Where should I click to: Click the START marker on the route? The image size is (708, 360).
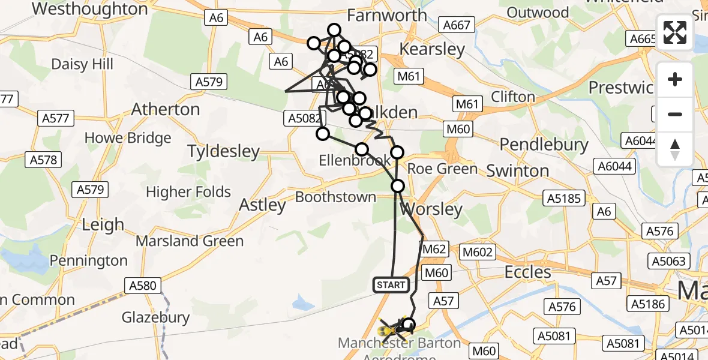[x=391, y=285]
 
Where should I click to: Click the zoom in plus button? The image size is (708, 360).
[x=675, y=80]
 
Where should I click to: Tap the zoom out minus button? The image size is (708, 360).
[x=675, y=114]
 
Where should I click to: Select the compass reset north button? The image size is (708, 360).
[x=675, y=149]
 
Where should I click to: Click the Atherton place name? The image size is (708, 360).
[x=166, y=109]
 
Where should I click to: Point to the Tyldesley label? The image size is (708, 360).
[x=223, y=151]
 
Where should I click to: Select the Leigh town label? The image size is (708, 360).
[x=103, y=225]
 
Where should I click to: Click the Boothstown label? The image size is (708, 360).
[x=336, y=197]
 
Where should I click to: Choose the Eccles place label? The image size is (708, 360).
[x=527, y=272]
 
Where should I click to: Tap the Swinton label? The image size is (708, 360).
[x=518, y=171]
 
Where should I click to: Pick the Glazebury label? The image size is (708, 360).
[x=155, y=317]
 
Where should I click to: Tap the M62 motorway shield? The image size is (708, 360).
[x=435, y=249]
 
